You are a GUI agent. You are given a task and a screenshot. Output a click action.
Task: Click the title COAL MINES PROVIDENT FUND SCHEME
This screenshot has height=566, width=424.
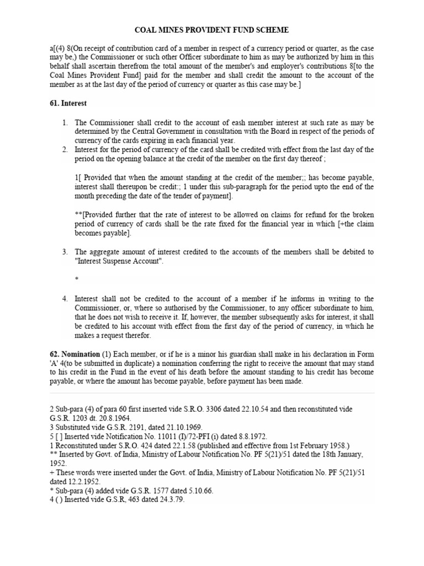(212, 30)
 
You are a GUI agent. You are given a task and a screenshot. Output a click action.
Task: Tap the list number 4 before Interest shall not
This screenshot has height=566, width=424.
(64, 299)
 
